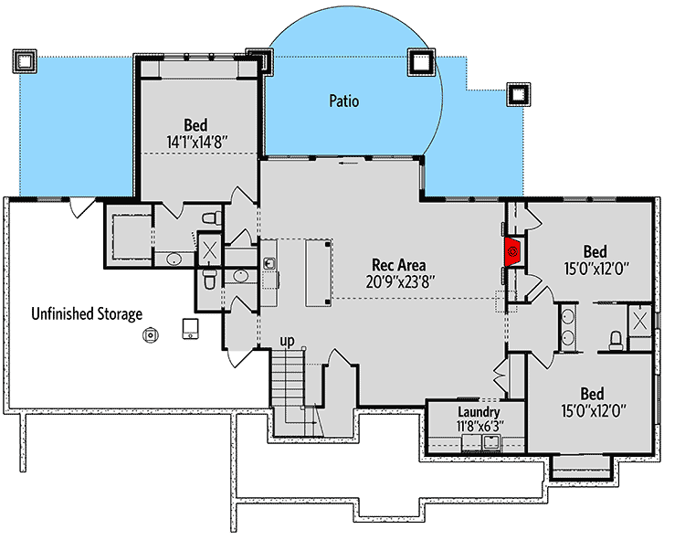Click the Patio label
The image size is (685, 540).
click(343, 101)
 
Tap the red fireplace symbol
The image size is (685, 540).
click(513, 250)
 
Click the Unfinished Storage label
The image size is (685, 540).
click(87, 314)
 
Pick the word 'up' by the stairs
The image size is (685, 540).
click(287, 342)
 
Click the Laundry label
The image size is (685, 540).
click(479, 413)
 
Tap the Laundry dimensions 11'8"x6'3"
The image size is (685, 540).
click(479, 427)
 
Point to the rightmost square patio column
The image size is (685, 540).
click(518, 94)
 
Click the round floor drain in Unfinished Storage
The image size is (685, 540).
click(150, 335)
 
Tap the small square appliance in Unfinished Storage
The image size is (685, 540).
click(191, 327)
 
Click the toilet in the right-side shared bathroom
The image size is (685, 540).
click(616, 341)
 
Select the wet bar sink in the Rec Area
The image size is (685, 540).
click(270, 265)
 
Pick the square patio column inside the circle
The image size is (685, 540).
click(420, 62)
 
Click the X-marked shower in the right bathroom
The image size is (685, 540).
click(639, 320)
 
